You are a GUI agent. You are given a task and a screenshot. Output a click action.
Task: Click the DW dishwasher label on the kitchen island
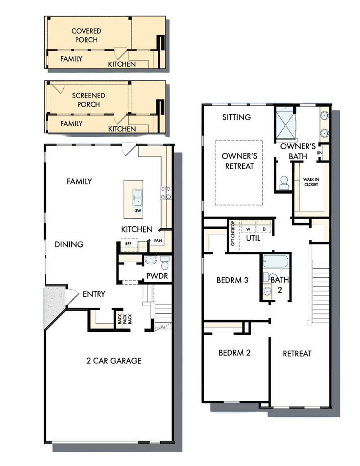pyautogui.click(x=138, y=211)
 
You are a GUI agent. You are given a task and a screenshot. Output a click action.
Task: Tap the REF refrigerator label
pyautogui.click(x=128, y=244)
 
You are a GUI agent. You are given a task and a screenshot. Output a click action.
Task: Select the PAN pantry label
pyautogui.click(x=158, y=241)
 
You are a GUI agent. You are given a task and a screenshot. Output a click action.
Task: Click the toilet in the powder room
pyautogui.click(x=165, y=263)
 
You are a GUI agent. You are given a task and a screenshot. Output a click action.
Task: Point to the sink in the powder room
pyautogui.click(x=151, y=260)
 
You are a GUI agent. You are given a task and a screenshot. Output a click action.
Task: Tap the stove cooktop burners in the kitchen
pyautogui.click(x=166, y=193)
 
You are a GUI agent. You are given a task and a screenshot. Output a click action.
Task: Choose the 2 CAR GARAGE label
pyautogui.click(x=114, y=360)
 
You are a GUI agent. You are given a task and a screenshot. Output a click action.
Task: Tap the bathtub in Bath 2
pyautogui.click(x=276, y=261)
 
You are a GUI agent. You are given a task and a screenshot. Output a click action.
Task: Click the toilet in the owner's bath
pyautogui.click(x=284, y=183)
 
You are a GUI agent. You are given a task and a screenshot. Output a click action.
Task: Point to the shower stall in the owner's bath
pyautogui.click(x=286, y=125)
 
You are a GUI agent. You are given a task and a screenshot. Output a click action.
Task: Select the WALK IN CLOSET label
pyautogui.click(x=311, y=182)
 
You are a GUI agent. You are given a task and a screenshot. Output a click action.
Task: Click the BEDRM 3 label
pyautogui.click(x=232, y=280)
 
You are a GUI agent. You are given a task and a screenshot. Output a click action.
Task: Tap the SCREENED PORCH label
pyautogui.click(x=89, y=100)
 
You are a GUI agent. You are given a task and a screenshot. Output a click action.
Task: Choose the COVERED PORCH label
pyautogui.click(x=86, y=35)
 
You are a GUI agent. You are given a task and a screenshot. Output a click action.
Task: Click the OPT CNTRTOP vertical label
pyautogui.click(x=233, y=233)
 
